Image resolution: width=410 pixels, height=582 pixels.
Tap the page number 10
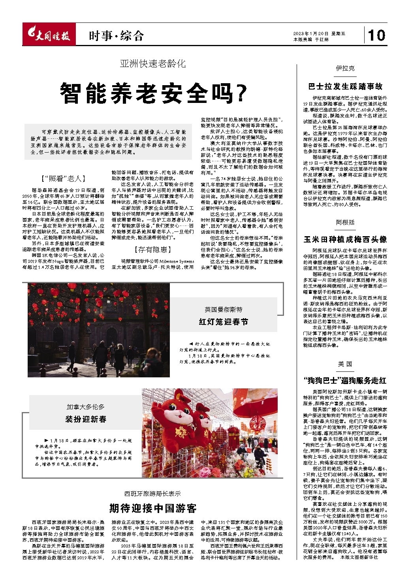tap(376, 35)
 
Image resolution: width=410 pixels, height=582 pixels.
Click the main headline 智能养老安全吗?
tap(153, 93)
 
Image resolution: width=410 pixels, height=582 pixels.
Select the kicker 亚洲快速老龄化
tap(153, 63)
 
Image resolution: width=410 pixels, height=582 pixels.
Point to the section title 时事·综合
tap(116, 36)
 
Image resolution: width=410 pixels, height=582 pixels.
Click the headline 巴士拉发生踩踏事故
tap(345, 86)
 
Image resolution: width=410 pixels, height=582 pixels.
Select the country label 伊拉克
tap(345, 68)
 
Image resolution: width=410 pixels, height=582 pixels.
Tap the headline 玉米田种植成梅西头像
tap(345, 239)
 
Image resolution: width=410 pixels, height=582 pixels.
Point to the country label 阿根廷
tap(345, 222)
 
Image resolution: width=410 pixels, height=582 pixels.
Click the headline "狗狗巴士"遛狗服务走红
tap(345, 381)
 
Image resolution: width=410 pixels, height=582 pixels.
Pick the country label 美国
tap(345, 364)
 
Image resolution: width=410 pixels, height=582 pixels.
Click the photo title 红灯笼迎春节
tap(224, 322)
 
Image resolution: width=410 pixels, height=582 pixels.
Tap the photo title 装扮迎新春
tap(86, 419)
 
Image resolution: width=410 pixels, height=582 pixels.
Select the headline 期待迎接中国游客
tap(153, 508)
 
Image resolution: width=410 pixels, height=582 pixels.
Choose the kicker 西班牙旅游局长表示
tap(153, 493)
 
